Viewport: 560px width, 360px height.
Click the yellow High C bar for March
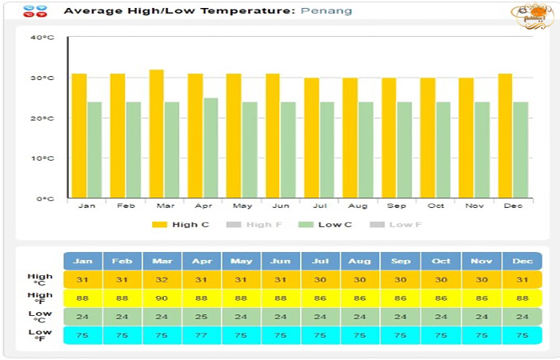tap(157, 134)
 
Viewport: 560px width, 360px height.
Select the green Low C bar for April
tap(210, 148)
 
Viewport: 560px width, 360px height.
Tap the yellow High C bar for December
tap(505, 136)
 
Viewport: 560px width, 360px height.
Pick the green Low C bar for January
tap(94, 150)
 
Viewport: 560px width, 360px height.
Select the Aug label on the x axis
tap(358, 206)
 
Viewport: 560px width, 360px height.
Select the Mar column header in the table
tap(162, 262)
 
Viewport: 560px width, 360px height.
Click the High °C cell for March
tap(162, 280)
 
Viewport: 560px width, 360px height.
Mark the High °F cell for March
tap(162, 298)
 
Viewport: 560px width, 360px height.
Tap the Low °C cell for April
tap(202, 316)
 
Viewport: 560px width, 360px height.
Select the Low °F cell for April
tap(202, 335)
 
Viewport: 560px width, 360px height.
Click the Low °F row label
tap(40, 335)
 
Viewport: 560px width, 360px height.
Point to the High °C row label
tap(40, 280)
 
